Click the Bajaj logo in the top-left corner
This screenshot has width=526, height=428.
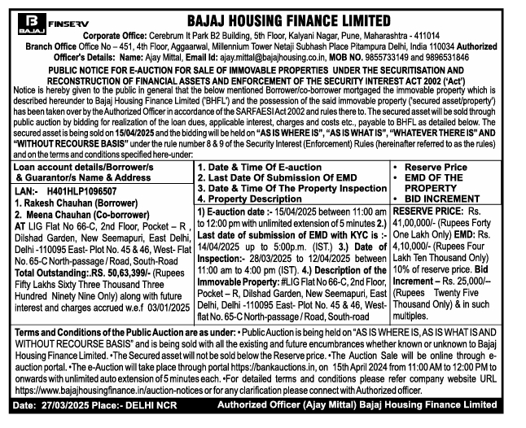(x=28, y=22)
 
